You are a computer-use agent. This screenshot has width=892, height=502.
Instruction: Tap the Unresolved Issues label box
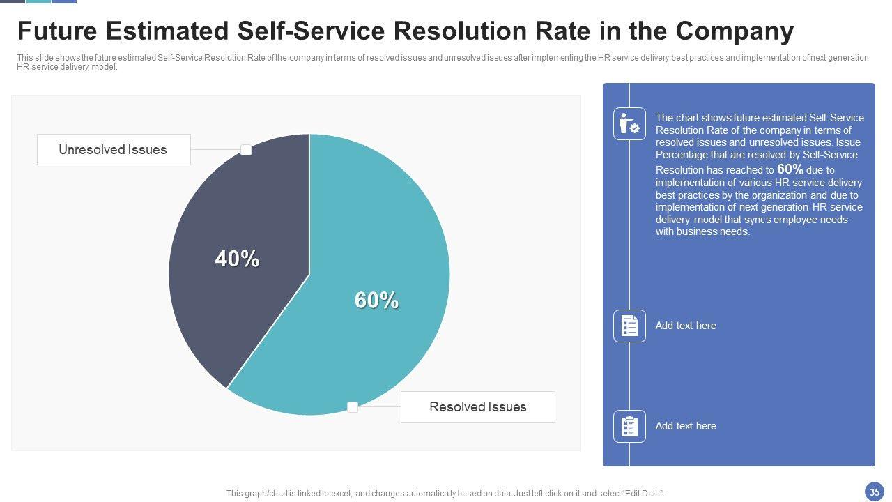113,149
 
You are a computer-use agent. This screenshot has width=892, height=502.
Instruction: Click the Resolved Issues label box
477,406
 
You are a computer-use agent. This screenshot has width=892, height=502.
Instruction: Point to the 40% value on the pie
237,259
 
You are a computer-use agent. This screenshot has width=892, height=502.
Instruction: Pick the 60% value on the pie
376,300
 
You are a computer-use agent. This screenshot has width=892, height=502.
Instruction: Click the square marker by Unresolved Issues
246,150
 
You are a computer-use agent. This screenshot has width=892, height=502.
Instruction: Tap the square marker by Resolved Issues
353,407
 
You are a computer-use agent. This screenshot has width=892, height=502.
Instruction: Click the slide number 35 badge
875,492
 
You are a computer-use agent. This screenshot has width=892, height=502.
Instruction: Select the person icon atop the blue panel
629,124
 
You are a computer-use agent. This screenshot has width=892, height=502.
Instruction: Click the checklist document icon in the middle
629,326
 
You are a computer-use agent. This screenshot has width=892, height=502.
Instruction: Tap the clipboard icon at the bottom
629,426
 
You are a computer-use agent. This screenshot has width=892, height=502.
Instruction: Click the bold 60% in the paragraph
790,169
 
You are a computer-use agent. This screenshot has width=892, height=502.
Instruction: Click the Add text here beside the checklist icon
686,326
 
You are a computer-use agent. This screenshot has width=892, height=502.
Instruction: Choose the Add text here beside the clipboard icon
686,426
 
